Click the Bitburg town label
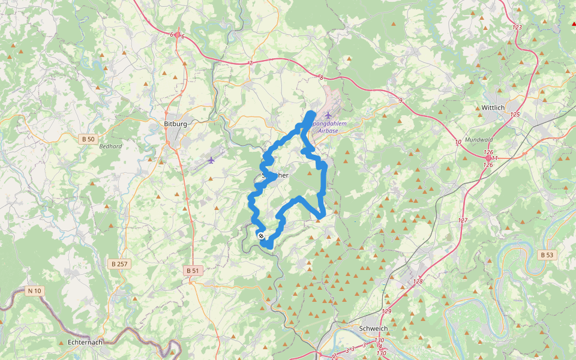(176, 124)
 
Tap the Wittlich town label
(494, 107)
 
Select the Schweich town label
(373, 329)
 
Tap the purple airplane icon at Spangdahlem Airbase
(328, 115)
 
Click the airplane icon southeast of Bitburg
(211, 160)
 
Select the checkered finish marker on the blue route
(260, 236)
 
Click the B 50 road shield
(88, 139)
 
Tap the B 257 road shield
(119, 263)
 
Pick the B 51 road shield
(193, 271)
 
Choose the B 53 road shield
(547, 254)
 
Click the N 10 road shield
(35, 291)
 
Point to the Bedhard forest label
(110, 146)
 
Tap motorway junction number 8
(321, 77)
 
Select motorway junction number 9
(400, 100)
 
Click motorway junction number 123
(517, 28)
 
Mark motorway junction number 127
(462, 220)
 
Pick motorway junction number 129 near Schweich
(386, 311)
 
